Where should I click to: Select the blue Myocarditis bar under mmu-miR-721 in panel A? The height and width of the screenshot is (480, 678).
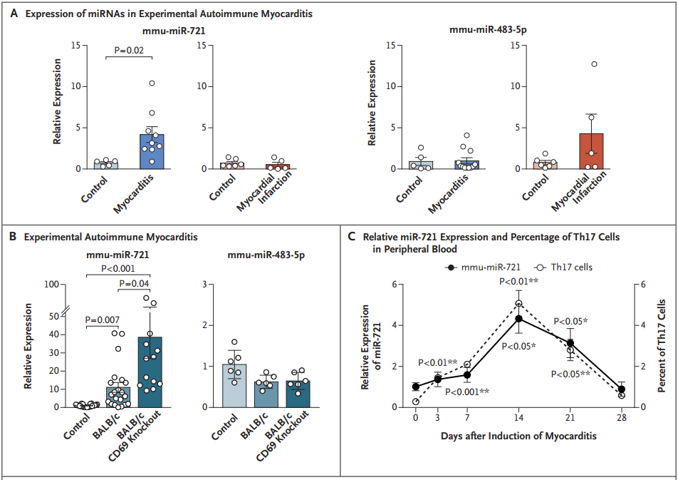coord(152,151)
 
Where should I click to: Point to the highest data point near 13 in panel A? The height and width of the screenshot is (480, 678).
coord(593,64)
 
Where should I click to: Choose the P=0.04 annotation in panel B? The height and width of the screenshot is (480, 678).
coord(133,284)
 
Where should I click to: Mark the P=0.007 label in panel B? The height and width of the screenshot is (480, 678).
coord(103,320)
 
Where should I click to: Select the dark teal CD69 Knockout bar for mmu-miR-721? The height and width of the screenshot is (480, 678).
coord(150,372)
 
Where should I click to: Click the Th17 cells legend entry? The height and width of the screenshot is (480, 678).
coord(562,267)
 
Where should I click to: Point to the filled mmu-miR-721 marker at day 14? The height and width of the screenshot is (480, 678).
coord(519,319)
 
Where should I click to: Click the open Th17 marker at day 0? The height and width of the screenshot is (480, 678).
coord(415,402)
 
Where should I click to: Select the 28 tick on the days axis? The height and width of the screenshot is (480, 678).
coord(622,418)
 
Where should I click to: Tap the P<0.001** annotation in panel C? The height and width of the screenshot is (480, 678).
coord(467,392)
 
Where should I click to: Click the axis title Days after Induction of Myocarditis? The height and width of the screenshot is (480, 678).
coord(518,434)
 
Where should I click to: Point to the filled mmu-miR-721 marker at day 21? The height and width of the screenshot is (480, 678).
coord(570,343)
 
